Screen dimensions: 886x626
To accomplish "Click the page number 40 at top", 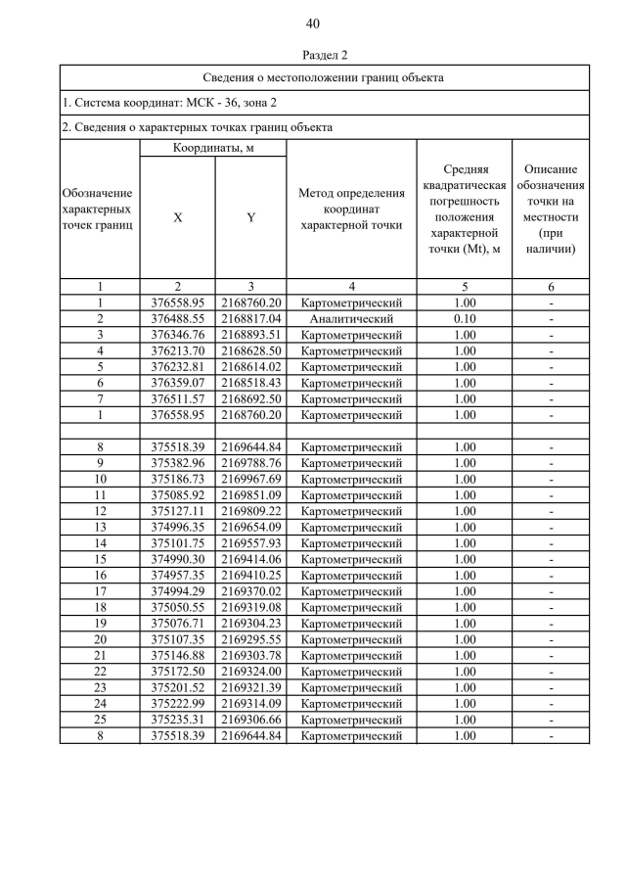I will pos(313,23).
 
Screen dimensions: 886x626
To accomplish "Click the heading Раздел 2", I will pos(313,56).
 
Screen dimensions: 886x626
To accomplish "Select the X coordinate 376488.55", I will pos(177,319).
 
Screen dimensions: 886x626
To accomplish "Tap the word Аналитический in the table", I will pos(351,319).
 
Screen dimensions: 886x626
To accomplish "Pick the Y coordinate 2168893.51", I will pos(250,335).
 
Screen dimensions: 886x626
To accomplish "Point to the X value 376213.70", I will pos(177,350).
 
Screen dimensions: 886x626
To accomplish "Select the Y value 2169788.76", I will pos(250,463).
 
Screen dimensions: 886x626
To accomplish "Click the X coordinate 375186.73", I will pos(177,479).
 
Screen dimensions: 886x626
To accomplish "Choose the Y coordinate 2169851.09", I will pos(250,495).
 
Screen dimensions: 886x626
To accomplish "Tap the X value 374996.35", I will pos(177,527).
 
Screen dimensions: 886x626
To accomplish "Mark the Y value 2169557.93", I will pos(250,543).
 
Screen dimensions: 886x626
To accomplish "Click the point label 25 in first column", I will pos(100,719).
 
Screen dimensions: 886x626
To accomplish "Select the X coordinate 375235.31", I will pos(177,719).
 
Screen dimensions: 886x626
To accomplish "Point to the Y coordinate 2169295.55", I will pos(250,639).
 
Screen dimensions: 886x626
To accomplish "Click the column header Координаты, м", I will pos(213,148).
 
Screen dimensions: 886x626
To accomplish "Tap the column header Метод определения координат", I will pos(351,209).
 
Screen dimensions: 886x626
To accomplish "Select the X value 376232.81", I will pos(177,367).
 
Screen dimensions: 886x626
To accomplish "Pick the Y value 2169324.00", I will pos(250,671).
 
